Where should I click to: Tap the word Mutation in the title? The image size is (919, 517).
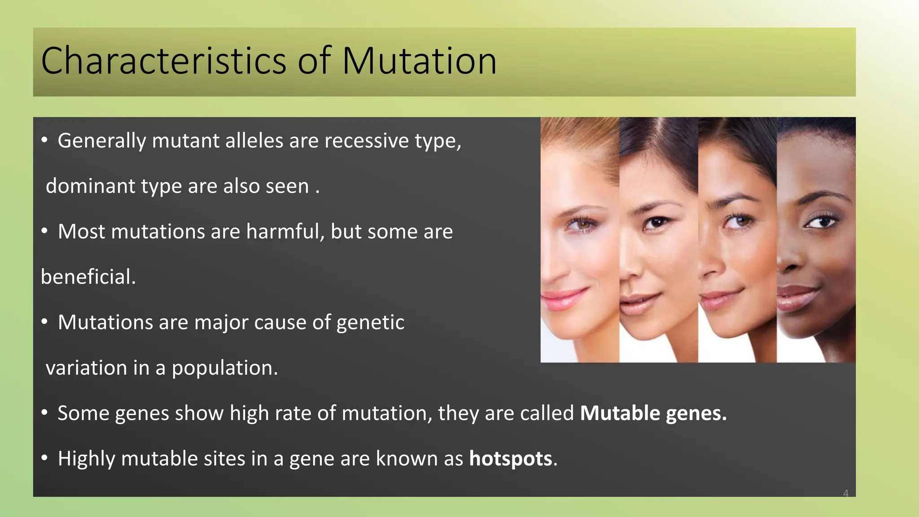tap(419, 61)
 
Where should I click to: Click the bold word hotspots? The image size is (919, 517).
tap(510, 459)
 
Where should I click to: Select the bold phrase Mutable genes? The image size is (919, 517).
tap(653, 413)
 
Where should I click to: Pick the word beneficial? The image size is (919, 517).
tap(88, 277)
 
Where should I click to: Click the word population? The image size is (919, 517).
tap(224, 368)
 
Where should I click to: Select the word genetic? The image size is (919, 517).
tap(370, 323)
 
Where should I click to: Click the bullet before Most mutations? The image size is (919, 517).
tap(44, 232)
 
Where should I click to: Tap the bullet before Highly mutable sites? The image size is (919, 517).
tap(44, 459)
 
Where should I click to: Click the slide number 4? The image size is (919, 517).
tap(845, 493)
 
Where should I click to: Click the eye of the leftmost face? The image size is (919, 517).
tap(582, 223)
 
